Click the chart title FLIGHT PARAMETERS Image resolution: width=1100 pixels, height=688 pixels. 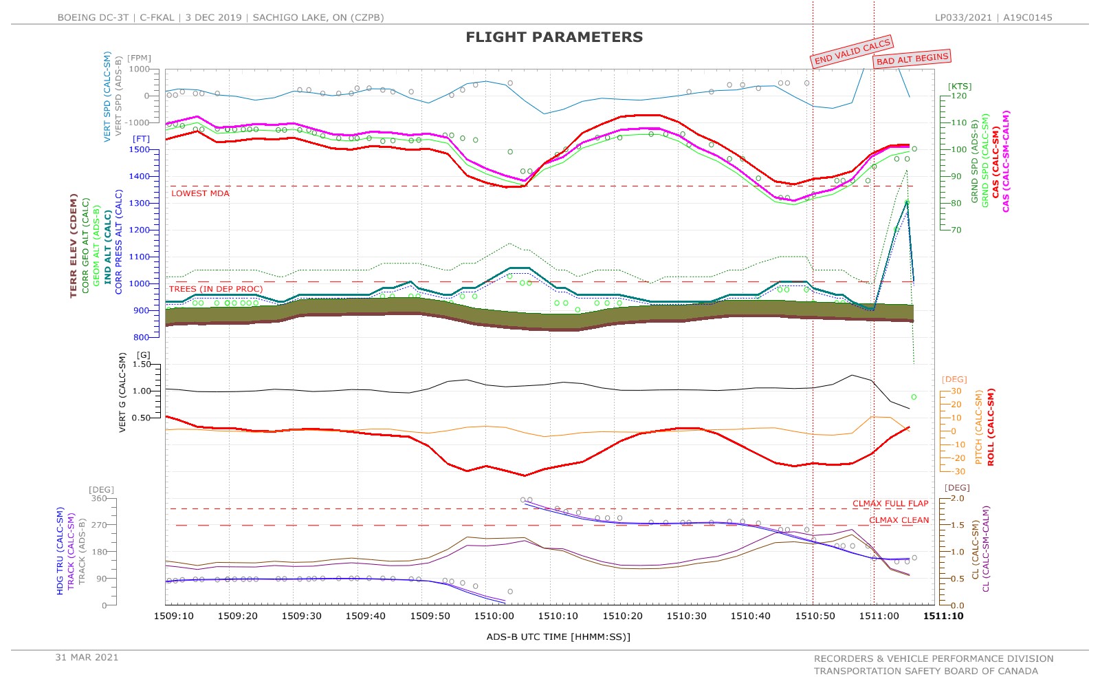click(x=554, y=37)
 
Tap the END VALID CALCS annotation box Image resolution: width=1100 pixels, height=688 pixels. click(x=852, y=52)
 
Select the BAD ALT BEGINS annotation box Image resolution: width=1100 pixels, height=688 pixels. click(x=912, y=59)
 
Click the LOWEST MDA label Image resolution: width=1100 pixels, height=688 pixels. click(x=200, y=193)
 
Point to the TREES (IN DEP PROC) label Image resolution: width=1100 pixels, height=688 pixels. click(x=216, y=289)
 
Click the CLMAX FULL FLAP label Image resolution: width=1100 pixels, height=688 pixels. click(x=890, y=504)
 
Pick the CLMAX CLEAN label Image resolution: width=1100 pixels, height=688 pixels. click(x=899, y=520)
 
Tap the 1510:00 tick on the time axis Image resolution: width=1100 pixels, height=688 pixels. click(x=494, y=616)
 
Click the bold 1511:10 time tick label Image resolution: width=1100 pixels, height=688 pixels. click(x=943, y=616)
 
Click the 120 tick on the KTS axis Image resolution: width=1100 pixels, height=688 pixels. click(x=958, y=96)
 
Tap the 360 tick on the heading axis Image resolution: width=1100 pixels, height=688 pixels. click(x=100, y=499)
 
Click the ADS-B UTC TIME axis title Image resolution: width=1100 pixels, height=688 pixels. click(x=558, y=636)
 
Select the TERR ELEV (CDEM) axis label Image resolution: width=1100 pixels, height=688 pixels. click(x=74, y=246)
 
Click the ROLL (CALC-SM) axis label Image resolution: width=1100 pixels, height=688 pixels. click(x=991, y=427)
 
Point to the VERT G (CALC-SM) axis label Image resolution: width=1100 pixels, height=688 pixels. click(x=123, y=393)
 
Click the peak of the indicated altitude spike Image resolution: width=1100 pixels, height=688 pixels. click(x=907, y=202)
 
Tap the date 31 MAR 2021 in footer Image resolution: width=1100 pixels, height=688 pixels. click(x=87, y=657)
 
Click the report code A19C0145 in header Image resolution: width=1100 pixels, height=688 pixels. click(x=1027, y=17)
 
